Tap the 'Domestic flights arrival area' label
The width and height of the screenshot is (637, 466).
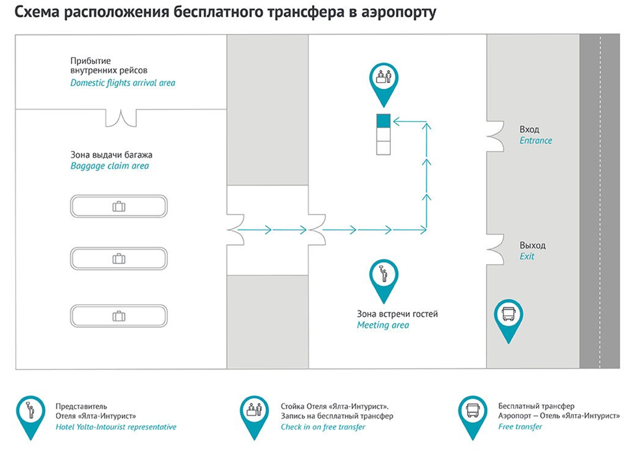(122, 83)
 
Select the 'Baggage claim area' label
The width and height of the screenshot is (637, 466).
(109, 166)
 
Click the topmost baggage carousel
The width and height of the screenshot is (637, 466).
(119, 207)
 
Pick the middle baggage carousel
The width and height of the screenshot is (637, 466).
(119, 259)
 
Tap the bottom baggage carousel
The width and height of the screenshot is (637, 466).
(119, 316)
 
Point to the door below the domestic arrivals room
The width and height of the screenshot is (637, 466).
(122, 118)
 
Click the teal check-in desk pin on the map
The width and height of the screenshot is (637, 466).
(384, 81)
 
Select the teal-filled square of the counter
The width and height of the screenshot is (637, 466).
(383, 121)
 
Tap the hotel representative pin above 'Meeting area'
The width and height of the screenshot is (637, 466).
(384, 276)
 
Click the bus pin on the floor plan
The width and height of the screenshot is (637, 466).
(509, 317)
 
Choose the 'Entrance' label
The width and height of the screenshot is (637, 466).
(535, 140)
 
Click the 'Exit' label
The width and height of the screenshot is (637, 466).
(526, 256)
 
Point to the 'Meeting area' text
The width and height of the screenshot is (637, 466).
(383, 325)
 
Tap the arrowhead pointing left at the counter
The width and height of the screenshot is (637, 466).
(397, 121)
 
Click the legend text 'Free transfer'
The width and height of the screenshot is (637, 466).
(520, 427)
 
